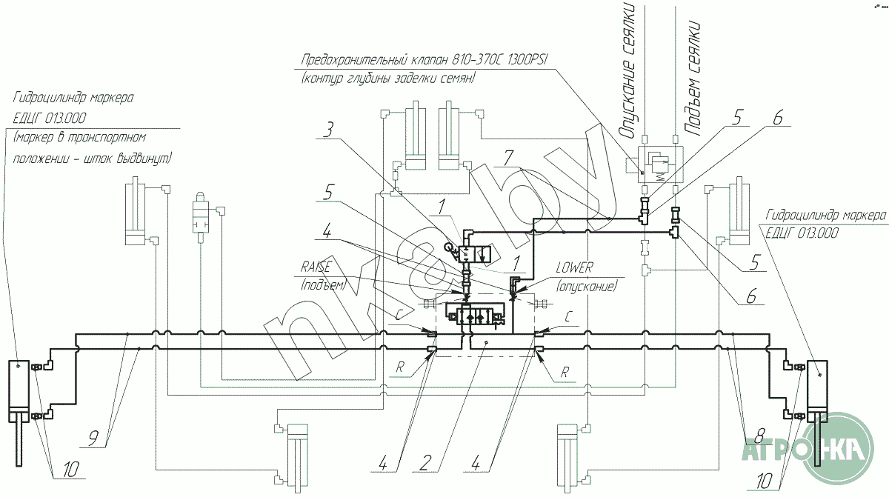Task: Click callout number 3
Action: coord(328,130)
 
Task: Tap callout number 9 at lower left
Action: coord(93,439)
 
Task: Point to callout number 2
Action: coord(425,463)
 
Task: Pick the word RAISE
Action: coord(316,266)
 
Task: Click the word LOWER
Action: coord(574,268)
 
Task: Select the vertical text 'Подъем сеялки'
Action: coord(691,79)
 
